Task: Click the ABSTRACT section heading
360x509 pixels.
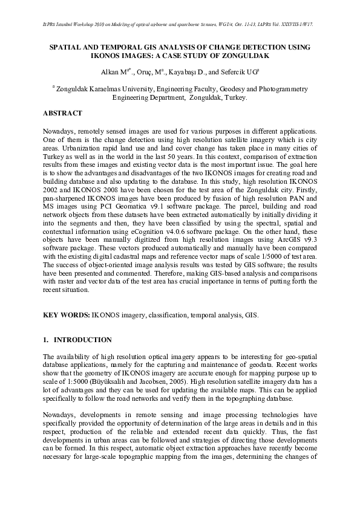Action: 62,113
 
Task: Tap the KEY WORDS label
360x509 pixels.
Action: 66,316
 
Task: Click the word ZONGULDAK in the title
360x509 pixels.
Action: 243,56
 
